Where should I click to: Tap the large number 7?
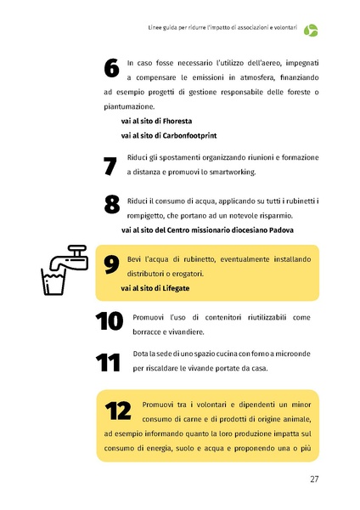[110, 165]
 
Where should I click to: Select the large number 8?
[110, 205]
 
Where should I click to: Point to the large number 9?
[110, 264]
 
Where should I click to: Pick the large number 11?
[108, 362]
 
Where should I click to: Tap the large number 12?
[118, 411]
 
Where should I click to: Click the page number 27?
[313, 479]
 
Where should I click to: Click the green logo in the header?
[312, 31]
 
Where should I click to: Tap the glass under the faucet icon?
[53, 282]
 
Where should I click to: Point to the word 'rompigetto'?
[152, 216]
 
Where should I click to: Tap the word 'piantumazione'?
[127, 107]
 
